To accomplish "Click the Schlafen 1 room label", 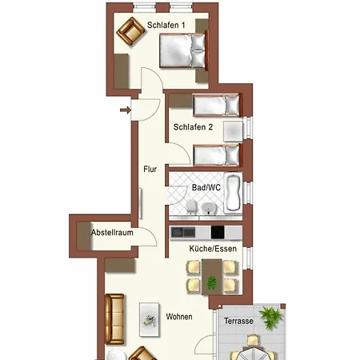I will tap(166, 24).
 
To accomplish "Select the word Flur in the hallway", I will tap(150, 170).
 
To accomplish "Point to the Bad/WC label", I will tap(206, 187).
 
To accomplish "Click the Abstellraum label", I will tap(111, 233).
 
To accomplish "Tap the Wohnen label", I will tap(179, 318).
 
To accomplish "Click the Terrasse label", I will tap(238, 321).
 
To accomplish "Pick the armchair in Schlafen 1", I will tap(129, 33).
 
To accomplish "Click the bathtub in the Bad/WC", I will tap(233, 194).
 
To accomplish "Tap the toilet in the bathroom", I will tap(192, 209).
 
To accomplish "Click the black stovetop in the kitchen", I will tap(217, 232).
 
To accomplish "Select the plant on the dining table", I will tap(212, 282).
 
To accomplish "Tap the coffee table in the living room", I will tap(149, 318).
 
